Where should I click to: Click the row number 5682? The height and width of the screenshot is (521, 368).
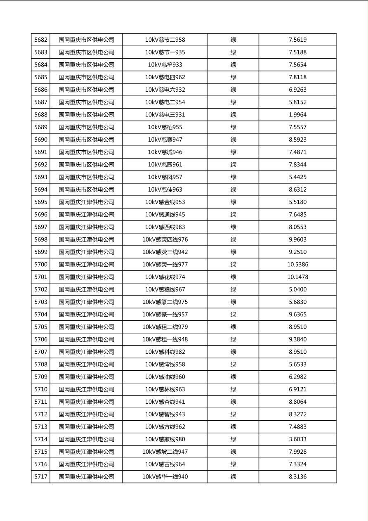[x=41, y=40]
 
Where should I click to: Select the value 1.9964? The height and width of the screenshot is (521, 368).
[x=297, y=115]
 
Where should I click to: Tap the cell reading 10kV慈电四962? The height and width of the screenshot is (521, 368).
[x=165, y=77]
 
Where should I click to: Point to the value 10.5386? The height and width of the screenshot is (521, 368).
[x=297, y=265]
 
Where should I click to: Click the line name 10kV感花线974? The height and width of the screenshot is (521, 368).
[x=165, y=277]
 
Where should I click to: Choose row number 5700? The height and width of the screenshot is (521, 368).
[x=41, y=265]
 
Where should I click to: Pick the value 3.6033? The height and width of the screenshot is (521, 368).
[x=297, y=439]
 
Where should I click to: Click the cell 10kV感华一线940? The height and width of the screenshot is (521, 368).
[x=165, y=477]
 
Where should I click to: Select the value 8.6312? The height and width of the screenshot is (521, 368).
[x=297, y=189]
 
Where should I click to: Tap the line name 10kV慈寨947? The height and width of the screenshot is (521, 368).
[x=165, y=140]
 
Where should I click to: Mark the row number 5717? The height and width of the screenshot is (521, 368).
[x=41, y=477]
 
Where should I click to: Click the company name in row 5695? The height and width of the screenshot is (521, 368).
[x=86, y=202]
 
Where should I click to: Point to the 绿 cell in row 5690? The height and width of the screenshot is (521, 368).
[x=233, y=140]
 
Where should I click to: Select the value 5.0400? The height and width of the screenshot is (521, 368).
[x=297, y=289]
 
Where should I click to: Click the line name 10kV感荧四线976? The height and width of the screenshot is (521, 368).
[x=165, y=239]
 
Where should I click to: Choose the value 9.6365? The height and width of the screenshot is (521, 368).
[x=297, y=315]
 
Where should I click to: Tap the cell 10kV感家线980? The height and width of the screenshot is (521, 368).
[x=165, y=439]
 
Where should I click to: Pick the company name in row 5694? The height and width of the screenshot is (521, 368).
[x=86, y=189]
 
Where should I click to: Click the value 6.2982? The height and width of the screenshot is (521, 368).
[x=297, y=377]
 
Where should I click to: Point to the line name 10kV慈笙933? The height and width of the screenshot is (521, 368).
[x=165, y=65]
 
